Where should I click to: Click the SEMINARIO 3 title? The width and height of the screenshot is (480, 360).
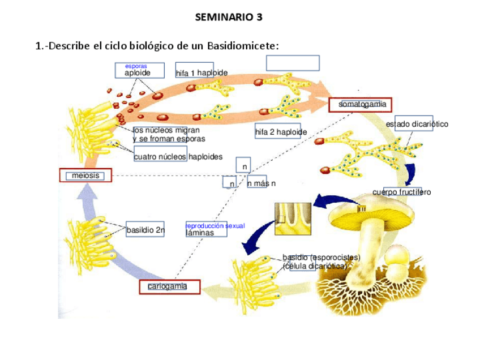coord(229,17)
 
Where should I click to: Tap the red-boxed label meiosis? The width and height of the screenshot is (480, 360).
coord(85,175)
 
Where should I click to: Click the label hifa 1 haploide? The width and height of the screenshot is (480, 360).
coord(202,73)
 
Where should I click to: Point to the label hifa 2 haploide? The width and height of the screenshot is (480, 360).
coord(281,132)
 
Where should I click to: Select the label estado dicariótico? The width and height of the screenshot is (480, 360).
coord(417,124)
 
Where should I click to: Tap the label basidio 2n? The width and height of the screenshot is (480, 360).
coord(145,230)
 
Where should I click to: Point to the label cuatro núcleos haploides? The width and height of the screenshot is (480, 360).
coord(178,157)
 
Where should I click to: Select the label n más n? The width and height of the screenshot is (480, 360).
coord(262,184)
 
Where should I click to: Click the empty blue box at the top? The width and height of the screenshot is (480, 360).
coord(293,63)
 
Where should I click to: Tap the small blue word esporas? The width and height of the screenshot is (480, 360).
coord(136,66)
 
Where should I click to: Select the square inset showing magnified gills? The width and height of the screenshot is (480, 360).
coord(293,218)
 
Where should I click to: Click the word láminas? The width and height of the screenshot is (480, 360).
coord(200,233)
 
